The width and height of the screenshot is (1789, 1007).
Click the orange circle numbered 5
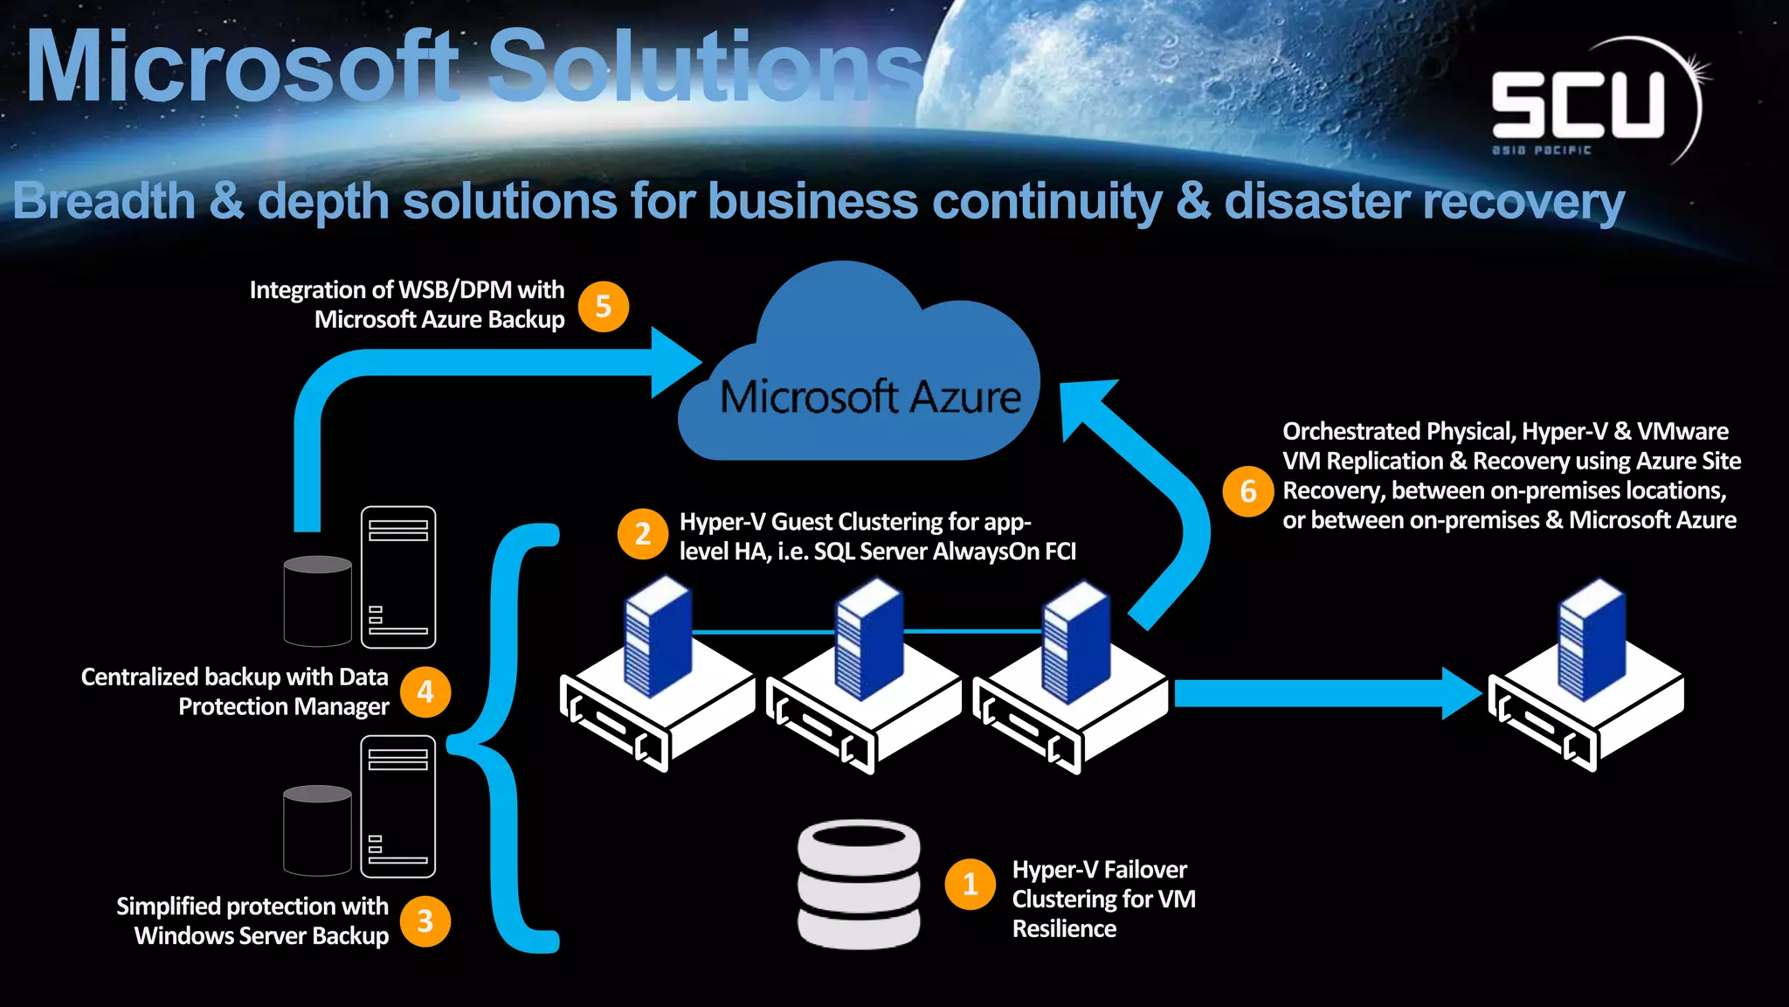click(604, 307)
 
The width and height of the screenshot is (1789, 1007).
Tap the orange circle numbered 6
click(1248, 491)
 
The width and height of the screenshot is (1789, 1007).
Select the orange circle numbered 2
click(643, 534)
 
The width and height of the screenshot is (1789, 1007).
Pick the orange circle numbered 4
click(425, 692)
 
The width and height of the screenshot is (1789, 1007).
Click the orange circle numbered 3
click(425, 921)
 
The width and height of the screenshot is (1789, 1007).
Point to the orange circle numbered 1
click(970, 885)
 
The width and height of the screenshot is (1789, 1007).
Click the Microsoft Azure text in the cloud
click(870, 398)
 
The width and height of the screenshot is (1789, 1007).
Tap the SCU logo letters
click(1578, 104)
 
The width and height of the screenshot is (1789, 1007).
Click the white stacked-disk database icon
click(859, 885)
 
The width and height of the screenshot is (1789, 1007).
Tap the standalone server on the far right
click(1586, 677)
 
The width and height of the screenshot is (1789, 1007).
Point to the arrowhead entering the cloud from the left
click(675, 362)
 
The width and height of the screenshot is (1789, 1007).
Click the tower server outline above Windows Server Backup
click(398, 807)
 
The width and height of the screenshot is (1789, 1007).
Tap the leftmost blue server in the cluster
click(657, 642)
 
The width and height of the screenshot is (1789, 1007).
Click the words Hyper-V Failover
click(1099, 870)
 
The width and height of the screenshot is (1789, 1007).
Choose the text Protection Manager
click(283, 706)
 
